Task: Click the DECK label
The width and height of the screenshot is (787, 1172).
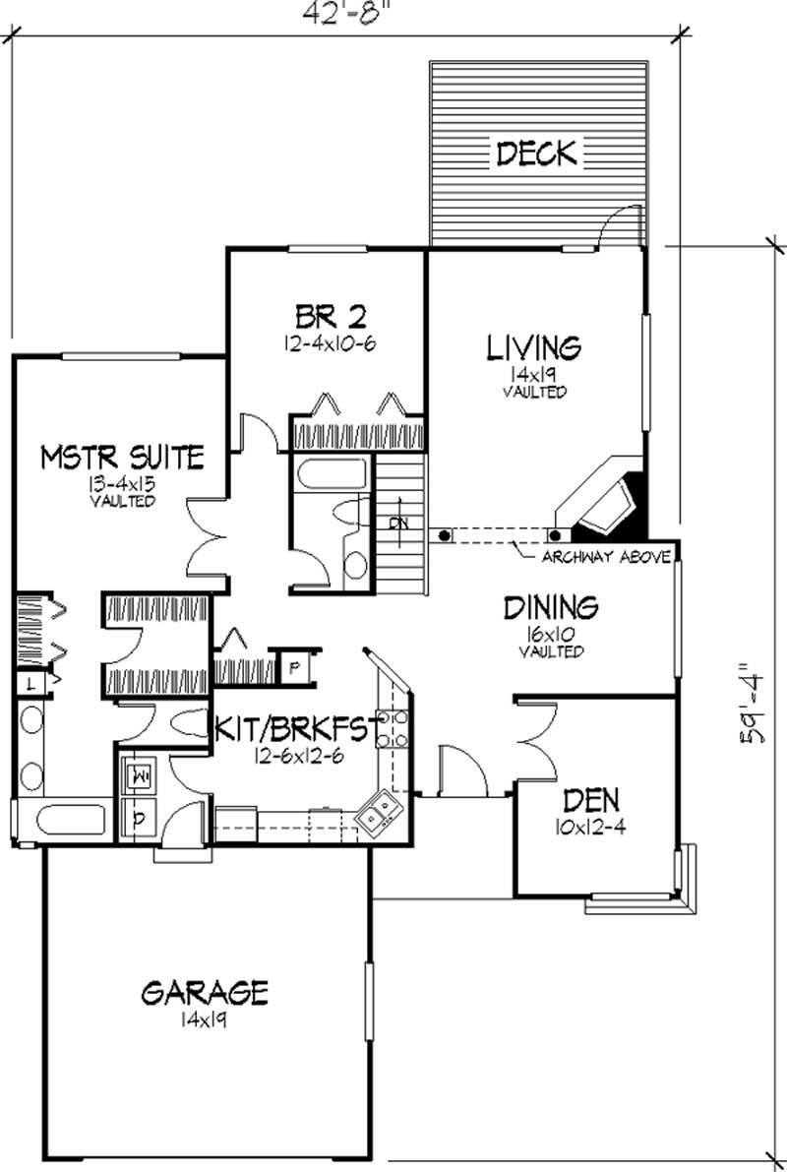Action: coord(536,154)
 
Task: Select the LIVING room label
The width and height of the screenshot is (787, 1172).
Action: coord(534,347)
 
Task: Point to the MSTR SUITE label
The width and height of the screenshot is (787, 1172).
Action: coord(122,457)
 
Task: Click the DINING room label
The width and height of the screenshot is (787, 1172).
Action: coord(551,606)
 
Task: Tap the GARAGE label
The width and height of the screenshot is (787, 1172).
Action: coord(204,992)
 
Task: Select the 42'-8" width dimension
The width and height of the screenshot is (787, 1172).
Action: coord(342,13)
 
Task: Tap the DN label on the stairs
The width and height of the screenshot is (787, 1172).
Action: coord(398,524)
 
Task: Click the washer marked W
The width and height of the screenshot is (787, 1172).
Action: coord(138,775)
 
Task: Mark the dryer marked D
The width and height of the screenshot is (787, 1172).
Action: coord(138,816)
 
